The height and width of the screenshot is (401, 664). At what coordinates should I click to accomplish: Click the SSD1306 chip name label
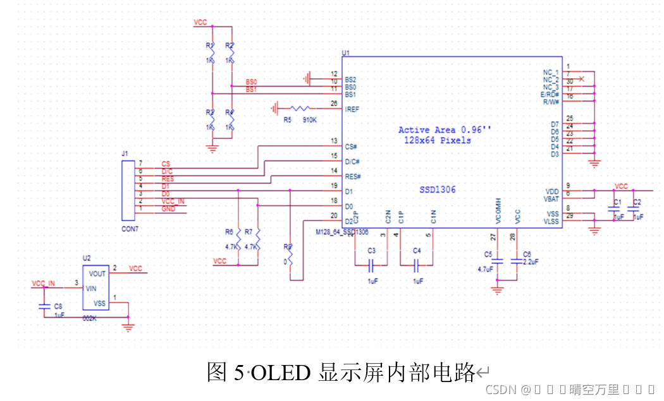pyautogui.click(x=437, y=189)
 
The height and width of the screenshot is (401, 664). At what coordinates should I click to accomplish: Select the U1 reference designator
pyautogui.click(x=345, y=52)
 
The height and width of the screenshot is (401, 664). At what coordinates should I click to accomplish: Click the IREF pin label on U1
pyautogui.click(x=352, y=109)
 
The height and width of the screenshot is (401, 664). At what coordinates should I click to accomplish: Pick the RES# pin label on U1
pyautogui.click(x=352, y=176)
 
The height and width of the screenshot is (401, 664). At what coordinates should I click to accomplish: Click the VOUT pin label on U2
pyautogui.click(x=97, y=274)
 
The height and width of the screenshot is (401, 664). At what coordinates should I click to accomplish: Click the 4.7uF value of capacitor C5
pyautogui.click(x=484, y=268)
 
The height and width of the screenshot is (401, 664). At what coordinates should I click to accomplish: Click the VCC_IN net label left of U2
pyautogui.click(x=43, y=283)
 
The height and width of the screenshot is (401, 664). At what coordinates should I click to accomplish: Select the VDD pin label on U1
pyautogui.click(x=552, y=191)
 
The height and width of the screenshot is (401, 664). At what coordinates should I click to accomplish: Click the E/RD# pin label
pyautogui.click(x=550, y=94)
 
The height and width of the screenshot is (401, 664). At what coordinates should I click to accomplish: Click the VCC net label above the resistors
pyautogui.click(x=200, y=22)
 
